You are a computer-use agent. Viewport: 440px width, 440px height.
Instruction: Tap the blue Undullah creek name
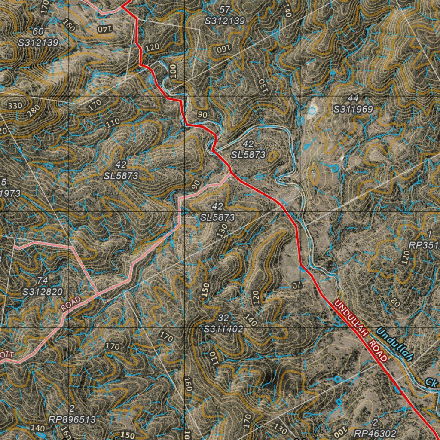[x=394, y=344]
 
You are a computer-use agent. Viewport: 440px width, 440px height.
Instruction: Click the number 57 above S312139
[x=225, y=9]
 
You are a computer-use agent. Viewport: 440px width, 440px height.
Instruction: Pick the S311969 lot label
[x=354, y=109]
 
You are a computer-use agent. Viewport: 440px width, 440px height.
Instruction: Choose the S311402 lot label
[x=224, y=329]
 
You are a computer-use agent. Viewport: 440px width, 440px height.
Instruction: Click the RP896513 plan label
[x=72, y=419]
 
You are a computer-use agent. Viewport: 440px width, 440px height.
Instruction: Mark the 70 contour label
[x=297, y=285]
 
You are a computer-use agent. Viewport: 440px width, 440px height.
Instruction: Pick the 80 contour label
[x=395, y=302]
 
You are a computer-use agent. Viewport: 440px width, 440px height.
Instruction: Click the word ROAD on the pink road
[x=70, y=303]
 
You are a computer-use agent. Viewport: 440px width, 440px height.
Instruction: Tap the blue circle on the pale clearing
[x=312, y=111]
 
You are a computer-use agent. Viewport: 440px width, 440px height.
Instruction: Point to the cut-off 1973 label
[x=9, y=193]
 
